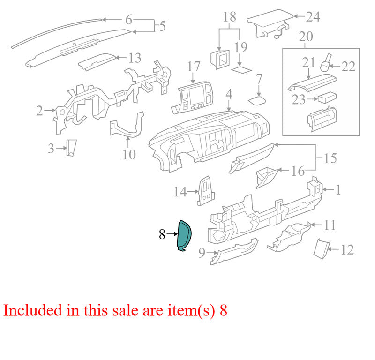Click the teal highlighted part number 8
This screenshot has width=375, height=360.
184,235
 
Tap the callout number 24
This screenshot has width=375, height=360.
313,17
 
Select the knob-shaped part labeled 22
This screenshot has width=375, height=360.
326,62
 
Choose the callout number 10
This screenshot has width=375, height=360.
129,154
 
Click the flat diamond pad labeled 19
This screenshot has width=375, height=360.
241,69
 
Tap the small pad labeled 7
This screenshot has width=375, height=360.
257,100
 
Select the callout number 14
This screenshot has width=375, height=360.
180,192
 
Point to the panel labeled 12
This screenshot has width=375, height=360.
322,248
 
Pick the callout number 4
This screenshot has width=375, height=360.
229,94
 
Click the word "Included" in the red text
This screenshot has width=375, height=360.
32,310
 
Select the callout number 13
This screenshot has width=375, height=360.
135,58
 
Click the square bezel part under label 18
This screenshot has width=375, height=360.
220,60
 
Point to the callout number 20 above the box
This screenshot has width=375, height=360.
306,37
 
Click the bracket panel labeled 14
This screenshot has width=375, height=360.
205,191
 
